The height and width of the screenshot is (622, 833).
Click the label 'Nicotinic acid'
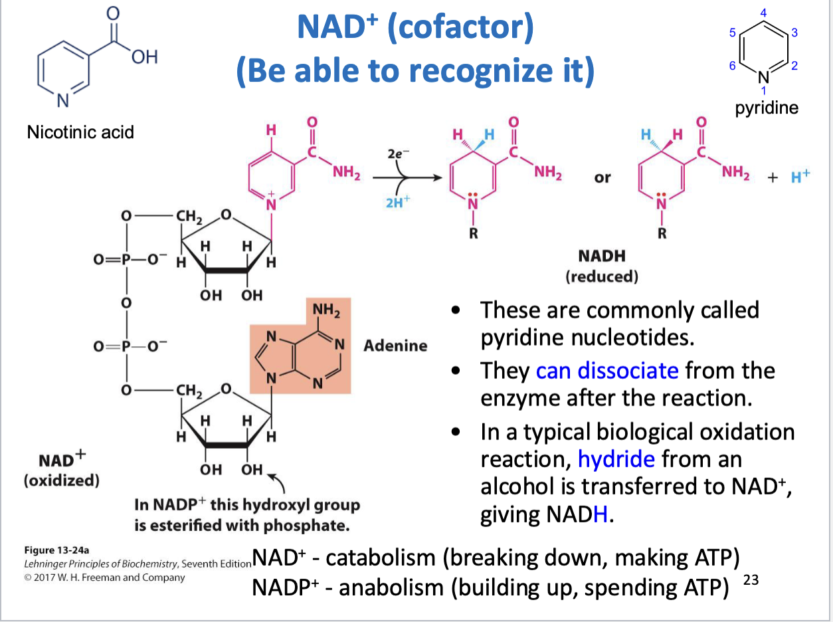coord(80,132)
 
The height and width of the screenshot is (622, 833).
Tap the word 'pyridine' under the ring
coord(767,108)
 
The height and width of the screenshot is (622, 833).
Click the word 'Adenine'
coord(395,346)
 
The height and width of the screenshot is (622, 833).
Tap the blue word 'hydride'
coord(616,459)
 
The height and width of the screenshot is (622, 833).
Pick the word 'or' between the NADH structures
coord(602,178)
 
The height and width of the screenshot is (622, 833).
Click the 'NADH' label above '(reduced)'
coord(602,256)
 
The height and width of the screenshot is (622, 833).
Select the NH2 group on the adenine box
coord(327,310)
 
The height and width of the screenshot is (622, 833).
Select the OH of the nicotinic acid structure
coord(143,58)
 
